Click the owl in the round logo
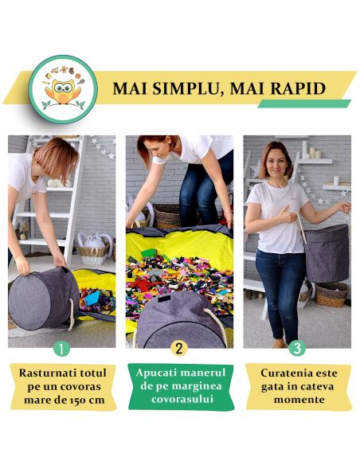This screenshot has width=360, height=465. [x=63, y=91]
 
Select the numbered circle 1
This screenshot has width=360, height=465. [x=61, y=349]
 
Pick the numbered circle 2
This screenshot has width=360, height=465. [x=179, y=348]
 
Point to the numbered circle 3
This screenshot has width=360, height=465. [x=297, y=348]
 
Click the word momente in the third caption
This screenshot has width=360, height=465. [x=299, y=400]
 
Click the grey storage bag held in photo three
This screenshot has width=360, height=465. [x=327, y=253]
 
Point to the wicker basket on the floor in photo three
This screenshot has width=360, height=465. [x=331, y=294]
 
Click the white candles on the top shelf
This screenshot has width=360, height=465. [x=311, y=150]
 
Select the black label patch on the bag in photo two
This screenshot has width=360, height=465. [x=164, y=299]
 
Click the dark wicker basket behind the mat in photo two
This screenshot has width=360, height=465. [x=166, y=215]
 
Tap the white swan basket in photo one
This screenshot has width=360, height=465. [x=95, y=248]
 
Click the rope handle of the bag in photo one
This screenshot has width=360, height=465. [x=71, y=315]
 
